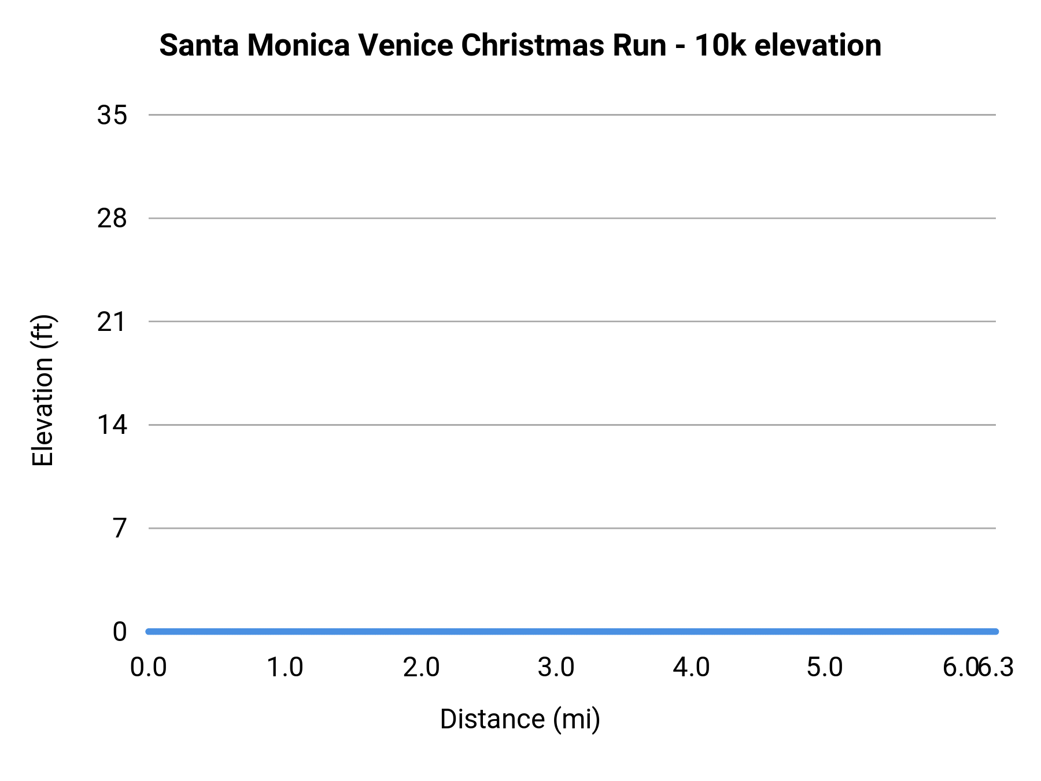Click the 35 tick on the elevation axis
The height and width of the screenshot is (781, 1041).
[x=112, y=115]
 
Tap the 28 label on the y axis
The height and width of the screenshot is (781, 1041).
[x=112, y=219]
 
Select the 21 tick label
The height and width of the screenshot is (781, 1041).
[x=112, y=322]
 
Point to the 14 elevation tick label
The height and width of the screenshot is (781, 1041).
[x=112, y=425]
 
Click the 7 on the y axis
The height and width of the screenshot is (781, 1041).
[x=119, y=528]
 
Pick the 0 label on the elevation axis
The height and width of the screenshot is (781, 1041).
[x=119, y=632]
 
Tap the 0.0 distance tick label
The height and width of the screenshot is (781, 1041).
[x=149, y=668]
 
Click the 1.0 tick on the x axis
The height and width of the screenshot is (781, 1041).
[x=285, y=668]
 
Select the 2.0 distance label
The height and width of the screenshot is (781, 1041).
[x=421, y=668]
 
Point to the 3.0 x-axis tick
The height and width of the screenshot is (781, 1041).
[x=556, y=668]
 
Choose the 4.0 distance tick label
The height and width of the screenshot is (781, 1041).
[x=691, y=668]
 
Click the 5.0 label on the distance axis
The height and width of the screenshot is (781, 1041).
[x=825, y=668]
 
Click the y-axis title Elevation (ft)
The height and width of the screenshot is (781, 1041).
[x=43, y=390]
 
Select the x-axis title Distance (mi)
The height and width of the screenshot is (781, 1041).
[x=520, y=719]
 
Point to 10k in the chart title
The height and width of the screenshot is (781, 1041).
[x=720, y=45]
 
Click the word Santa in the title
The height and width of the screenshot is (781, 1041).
[x=199, y=45]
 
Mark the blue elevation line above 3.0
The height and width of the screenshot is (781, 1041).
[x=556, y=631]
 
